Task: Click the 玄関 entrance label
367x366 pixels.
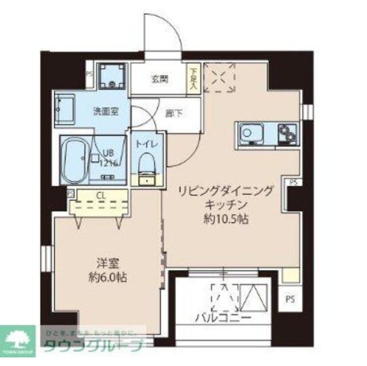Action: [x=160, y=78]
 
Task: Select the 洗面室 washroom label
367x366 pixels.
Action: [x=106, y=111]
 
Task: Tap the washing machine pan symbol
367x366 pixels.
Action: [x=110, y=76]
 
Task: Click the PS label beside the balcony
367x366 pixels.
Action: [x=291, y=298]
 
